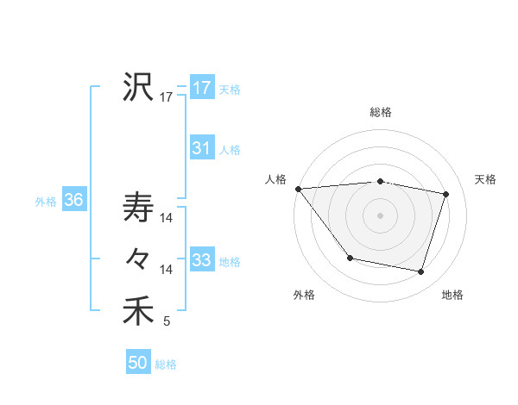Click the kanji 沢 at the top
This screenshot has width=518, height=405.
pos(138,86)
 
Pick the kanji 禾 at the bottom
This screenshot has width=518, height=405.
pos(138,311)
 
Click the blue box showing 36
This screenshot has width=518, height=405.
pos(73,201)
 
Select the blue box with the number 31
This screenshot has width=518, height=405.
pos(201,148)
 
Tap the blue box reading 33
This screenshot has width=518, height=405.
pos(201,260)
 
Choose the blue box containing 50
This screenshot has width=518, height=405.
pos(138,363)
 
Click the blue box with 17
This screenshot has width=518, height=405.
pos(201,88)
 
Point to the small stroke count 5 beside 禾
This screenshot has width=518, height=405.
pos(167,322)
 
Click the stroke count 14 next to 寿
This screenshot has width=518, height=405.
pos(167,219)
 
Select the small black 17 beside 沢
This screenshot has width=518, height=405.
pos(167,97)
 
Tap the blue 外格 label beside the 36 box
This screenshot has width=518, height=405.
pos(46,202)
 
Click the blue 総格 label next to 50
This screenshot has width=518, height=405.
pos(166,364)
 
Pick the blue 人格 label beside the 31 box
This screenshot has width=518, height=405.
pos(230,150)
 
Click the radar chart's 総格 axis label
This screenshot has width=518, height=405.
pos(380,112)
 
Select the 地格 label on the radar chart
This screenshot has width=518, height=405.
pos(452,295)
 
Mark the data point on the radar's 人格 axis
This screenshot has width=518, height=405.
pos(298,189)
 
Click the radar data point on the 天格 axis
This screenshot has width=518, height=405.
pos(446,194)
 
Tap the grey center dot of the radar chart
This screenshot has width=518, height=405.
pos(380,215)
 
